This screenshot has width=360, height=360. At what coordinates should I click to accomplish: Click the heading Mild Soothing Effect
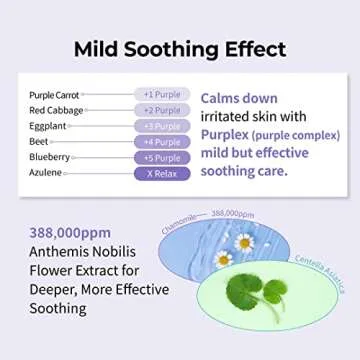click(x=179, y=49)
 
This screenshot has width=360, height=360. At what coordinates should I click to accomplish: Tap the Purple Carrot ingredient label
click(x=55, y=95)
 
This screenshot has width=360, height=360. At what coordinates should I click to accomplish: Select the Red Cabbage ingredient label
click(x=56, y=111)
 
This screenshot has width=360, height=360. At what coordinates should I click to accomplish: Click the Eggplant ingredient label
click(x=48, y=126)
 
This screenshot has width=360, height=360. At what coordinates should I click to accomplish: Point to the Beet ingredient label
click(x=39, y=142)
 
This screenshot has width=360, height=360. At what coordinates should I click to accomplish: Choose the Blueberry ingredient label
click(x=50, y=157)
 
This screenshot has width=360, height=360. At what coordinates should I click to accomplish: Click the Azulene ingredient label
click(x=46, y=173)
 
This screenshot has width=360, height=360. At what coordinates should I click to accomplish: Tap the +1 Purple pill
click(x=161, y=95)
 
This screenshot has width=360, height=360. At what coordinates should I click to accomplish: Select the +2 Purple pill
click(x=161, y=110)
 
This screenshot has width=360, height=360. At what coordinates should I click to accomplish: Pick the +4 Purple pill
click(x=161, y=142)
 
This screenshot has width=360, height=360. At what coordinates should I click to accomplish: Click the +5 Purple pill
click(x=161, y=157)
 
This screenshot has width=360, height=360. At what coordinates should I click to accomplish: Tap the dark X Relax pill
click(x=161, y=173)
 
